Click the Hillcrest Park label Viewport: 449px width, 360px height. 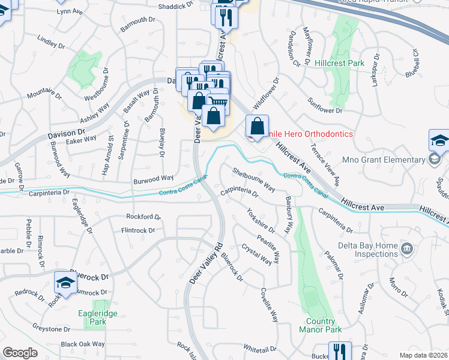click(x=339, y=62)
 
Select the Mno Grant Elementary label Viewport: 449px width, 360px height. click(x=383, y=160)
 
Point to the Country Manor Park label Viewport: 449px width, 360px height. click(x=320, y=325)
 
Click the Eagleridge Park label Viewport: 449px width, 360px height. click(x=92, y=317)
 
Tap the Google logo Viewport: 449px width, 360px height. click(x=20, y=353)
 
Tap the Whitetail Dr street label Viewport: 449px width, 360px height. click(x=259, y=348)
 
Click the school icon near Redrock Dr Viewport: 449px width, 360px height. click(x=66, y=283)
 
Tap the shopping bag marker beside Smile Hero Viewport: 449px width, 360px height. click(x=257, y=127)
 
